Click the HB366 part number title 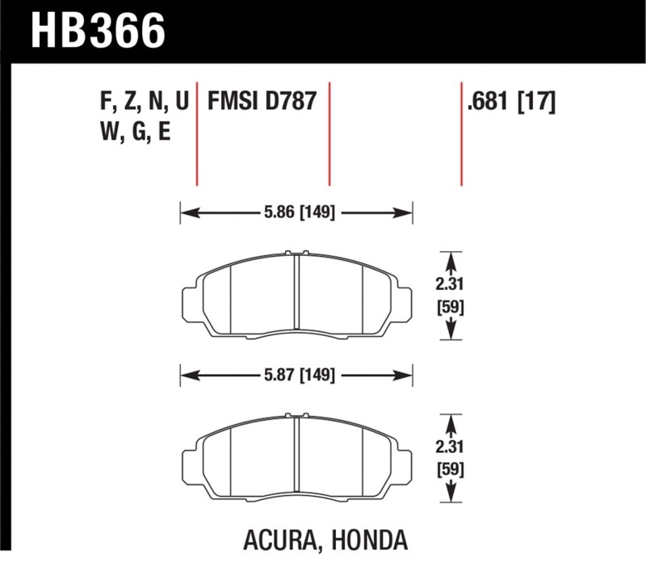pos(98,31)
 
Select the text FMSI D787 pos(262,101)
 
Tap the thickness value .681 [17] pos(511,102)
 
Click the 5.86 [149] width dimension pos(300,212)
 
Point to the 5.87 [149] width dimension pos(300,375)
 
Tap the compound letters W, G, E pos(136,132)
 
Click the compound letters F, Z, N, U pos(145,102)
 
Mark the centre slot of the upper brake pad pos(296,292)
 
